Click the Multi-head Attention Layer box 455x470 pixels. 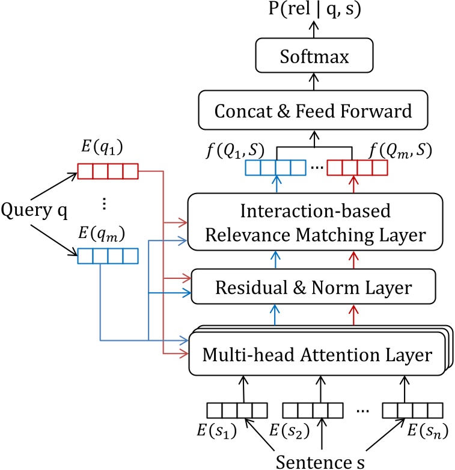click(317, 355)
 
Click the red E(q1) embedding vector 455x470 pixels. click(108, 172)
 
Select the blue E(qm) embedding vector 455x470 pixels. click(108, 256)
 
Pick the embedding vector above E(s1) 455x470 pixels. click(237, 410)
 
